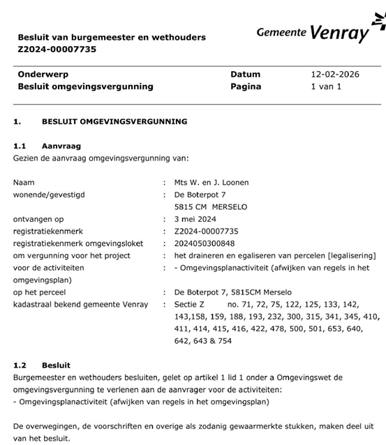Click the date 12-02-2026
pyautogui.click(x=335, y=74)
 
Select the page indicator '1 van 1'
pyautogui.click(x=325, y=86)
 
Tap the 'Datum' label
pyautogui.click(x=245, y=74)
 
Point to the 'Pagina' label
pyautogui.click(x=246, y=86)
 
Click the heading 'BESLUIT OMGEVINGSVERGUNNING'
pyautogui.click(x=114, y=121)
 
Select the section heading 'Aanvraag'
pyautogui.click(x=61, y=146)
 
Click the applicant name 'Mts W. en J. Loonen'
pyautogui.click(x=211, y=183)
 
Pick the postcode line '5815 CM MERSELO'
pyautogui.click(x=211, y=207)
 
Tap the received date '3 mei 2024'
pyautogui.click(x=195, y=219)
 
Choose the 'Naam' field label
pyautogui.click(x=24, y=183)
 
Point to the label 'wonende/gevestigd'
pyautogui.click(x=49, y=195)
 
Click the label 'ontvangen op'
pyautogui.click(x=38, y=219)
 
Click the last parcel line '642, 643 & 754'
pyautogui.click(x=203, y=341)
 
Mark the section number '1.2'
pyautogui.click(x=20, y=365)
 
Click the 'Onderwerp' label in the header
pyautogui.click(x=43, y=74)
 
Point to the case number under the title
pyautogui.click(x=57, y=50)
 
